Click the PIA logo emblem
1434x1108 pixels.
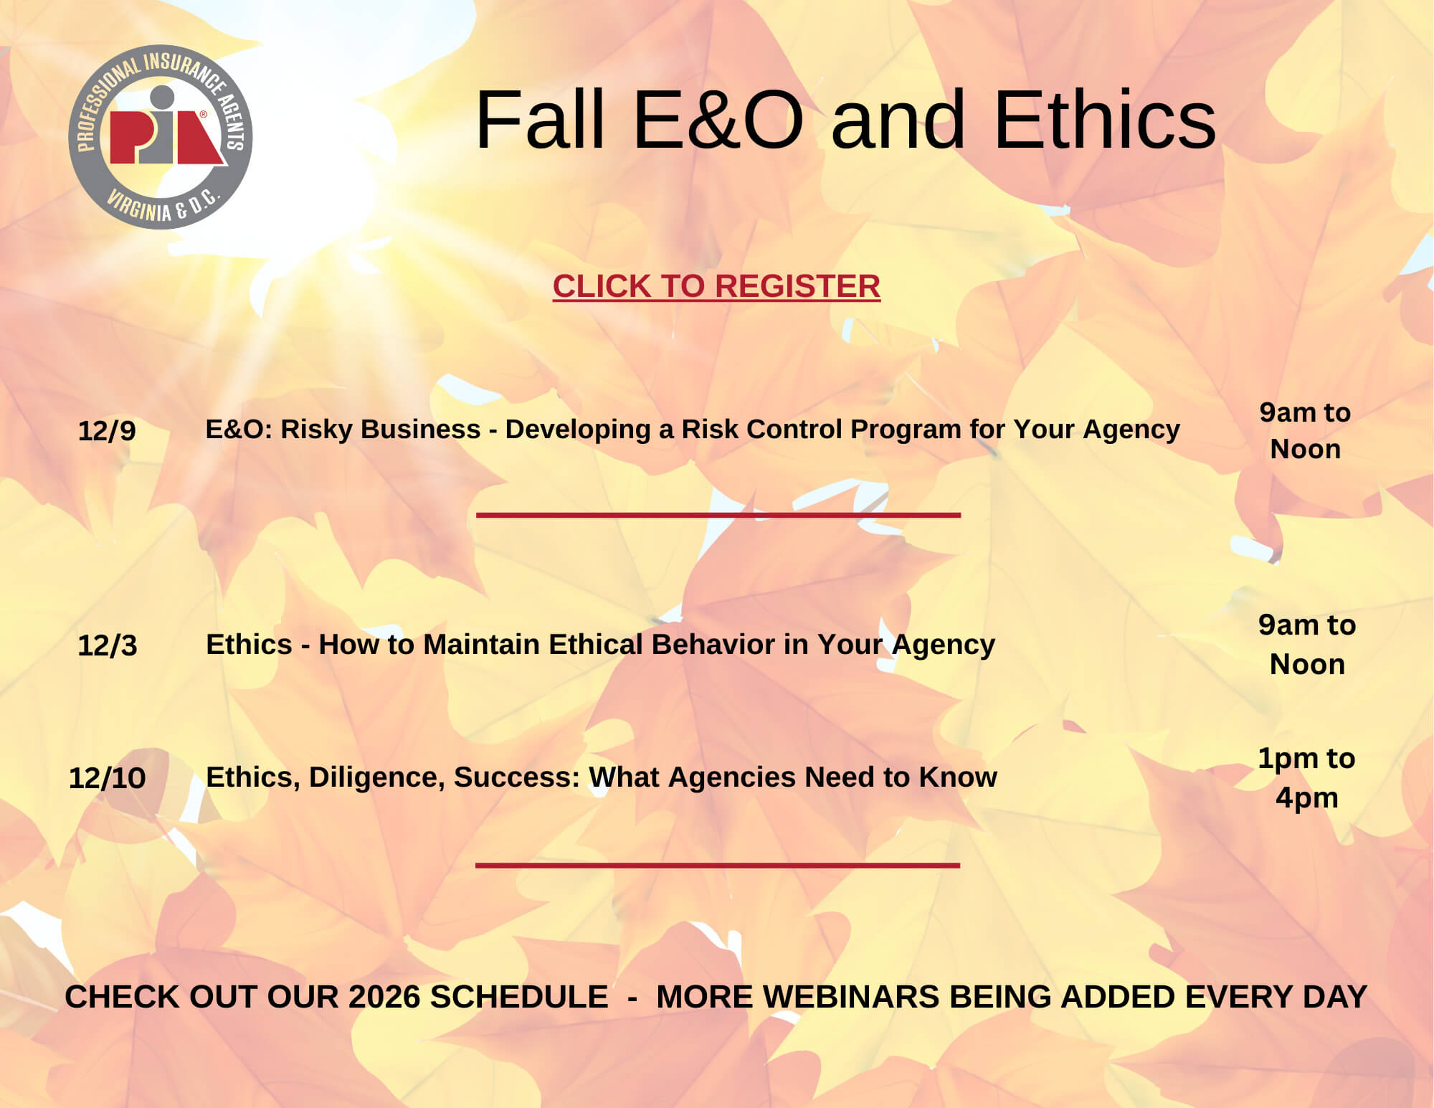point(161,137)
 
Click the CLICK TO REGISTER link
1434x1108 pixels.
point(716,286)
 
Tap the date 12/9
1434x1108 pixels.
point(107,431)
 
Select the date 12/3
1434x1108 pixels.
point(107,645)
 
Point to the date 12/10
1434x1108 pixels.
point(108,778)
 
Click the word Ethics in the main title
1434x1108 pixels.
point(1105,120)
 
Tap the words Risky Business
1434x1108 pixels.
point(381,429)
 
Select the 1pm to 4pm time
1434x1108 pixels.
point(1306,777)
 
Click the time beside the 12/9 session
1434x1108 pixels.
point(1305,430)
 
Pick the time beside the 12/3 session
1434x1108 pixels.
point(1307,644)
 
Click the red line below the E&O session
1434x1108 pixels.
point(718,515)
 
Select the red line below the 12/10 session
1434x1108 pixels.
point(718,866)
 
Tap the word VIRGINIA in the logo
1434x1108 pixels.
point(140,205)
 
